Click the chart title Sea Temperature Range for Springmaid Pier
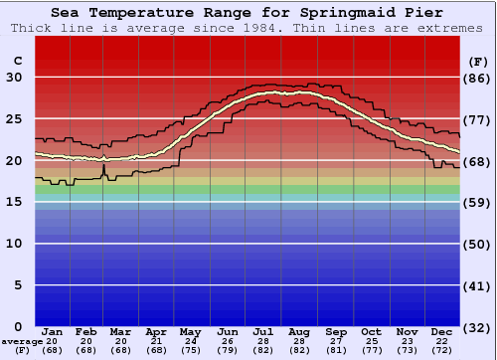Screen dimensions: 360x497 point(248,12)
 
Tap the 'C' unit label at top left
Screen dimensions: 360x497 point(17,61)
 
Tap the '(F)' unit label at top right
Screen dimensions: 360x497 point(477,61)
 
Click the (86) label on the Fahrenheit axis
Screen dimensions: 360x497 point(477,78)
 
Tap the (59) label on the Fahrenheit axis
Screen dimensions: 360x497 point(477,202)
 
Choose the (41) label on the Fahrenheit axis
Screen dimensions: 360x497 point(477,285)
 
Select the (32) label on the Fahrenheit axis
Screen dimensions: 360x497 point(477,326)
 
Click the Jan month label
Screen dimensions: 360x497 point(53,331)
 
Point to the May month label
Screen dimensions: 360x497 point(189,331)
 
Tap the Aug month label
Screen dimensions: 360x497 point(298,331)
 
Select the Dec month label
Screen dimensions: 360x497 point(442,331)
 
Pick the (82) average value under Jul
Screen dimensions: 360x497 point(263,350)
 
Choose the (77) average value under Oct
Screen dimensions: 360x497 point(370,350)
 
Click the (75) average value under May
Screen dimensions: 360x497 point(189,350)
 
